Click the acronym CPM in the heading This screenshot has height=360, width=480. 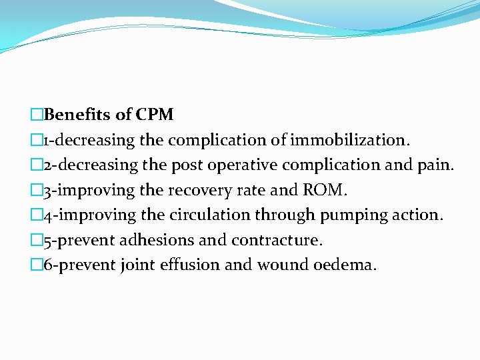pos(154,115)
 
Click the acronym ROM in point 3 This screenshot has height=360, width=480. pos(324,190)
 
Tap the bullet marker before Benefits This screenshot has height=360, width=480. pos(38,115)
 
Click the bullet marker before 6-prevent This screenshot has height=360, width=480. pos(38,265)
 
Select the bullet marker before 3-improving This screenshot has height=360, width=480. pos(38,190)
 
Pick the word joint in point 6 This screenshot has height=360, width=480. pos(136,265)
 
